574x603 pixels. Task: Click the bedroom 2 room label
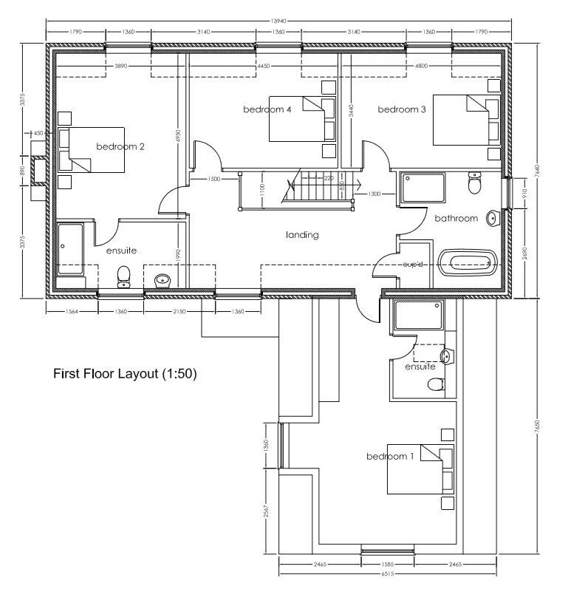120,146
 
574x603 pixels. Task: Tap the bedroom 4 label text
267,109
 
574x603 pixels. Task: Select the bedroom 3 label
402,109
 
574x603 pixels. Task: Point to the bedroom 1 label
390,457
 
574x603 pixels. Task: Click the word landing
302,235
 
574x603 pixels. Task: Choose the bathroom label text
456,218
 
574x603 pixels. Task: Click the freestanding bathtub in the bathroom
467,262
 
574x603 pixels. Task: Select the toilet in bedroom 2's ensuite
124,276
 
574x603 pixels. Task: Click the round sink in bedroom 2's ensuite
163,279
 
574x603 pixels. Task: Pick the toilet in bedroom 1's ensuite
437,383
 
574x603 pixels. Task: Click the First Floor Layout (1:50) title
124,374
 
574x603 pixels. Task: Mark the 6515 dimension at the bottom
387,573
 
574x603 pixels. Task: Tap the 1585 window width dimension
387,564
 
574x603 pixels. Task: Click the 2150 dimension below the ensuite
180,312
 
